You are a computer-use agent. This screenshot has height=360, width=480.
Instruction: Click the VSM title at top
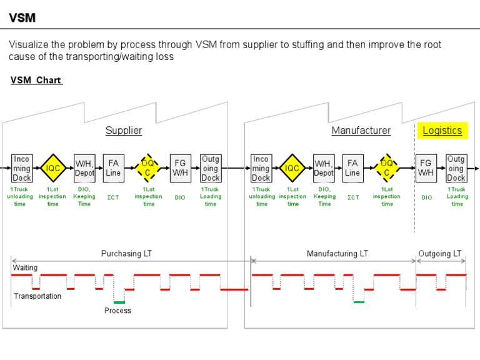click(22, 18)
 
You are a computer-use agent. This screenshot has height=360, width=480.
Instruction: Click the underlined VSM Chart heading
click(36, 81)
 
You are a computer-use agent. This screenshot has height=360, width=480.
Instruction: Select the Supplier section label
click(123, 131)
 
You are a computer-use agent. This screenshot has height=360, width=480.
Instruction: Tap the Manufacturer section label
click(361, 131)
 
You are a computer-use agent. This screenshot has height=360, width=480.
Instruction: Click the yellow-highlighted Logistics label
click(442, 131)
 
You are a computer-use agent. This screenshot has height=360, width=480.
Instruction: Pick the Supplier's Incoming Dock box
click(21, 168)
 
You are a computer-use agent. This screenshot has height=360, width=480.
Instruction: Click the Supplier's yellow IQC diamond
click(53, 168)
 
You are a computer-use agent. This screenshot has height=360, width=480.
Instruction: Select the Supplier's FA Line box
click(113, 168)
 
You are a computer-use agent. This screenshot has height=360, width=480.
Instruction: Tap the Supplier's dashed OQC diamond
click(148, 168)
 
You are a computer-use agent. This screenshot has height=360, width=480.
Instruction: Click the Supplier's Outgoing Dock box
click(211, 168)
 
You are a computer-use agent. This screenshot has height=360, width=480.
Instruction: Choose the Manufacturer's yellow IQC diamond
click(292, 168)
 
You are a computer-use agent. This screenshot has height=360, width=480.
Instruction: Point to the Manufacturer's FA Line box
click(352, 168)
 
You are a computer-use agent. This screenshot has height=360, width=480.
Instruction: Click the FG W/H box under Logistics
click(426, 168)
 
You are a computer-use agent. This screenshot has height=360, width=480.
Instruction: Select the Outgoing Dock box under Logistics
click(456, 168)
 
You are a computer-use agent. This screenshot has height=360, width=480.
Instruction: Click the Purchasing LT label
click(126, 254)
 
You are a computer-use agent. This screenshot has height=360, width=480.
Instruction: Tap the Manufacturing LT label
click(337, 254)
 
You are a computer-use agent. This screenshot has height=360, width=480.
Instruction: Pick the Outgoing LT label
click(439, 254)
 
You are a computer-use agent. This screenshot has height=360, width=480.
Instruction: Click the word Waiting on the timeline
click(25, 267)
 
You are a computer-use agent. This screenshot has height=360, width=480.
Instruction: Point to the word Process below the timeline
click(117, 311)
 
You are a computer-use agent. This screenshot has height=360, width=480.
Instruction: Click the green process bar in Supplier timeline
click(119, 302)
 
